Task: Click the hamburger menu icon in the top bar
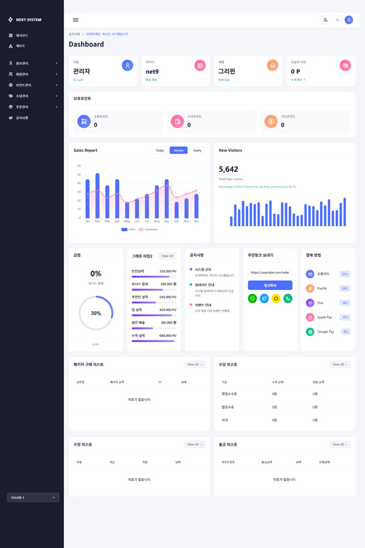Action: click(75, 20)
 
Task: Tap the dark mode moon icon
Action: click(326, 20)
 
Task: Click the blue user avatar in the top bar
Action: click(349, 20)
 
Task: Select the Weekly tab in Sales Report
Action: click(178, 150)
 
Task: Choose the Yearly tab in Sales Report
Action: click(197, 150)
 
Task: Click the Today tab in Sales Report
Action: click(159, 150)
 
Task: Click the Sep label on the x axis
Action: click(166, 221)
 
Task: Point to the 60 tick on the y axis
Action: click(79, 166)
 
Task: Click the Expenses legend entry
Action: click(148, 230)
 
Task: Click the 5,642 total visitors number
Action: click(228, 169)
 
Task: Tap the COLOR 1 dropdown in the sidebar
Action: click(33, 497)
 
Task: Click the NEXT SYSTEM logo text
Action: click(29, 19)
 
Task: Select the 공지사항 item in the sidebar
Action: click(22, 118)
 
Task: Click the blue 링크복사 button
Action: click(269, 285)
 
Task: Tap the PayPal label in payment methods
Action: click(322, 288)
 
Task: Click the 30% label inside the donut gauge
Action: click(96, 313)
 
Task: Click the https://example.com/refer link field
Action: click(269, 272)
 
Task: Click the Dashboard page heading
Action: click(86, 44)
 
